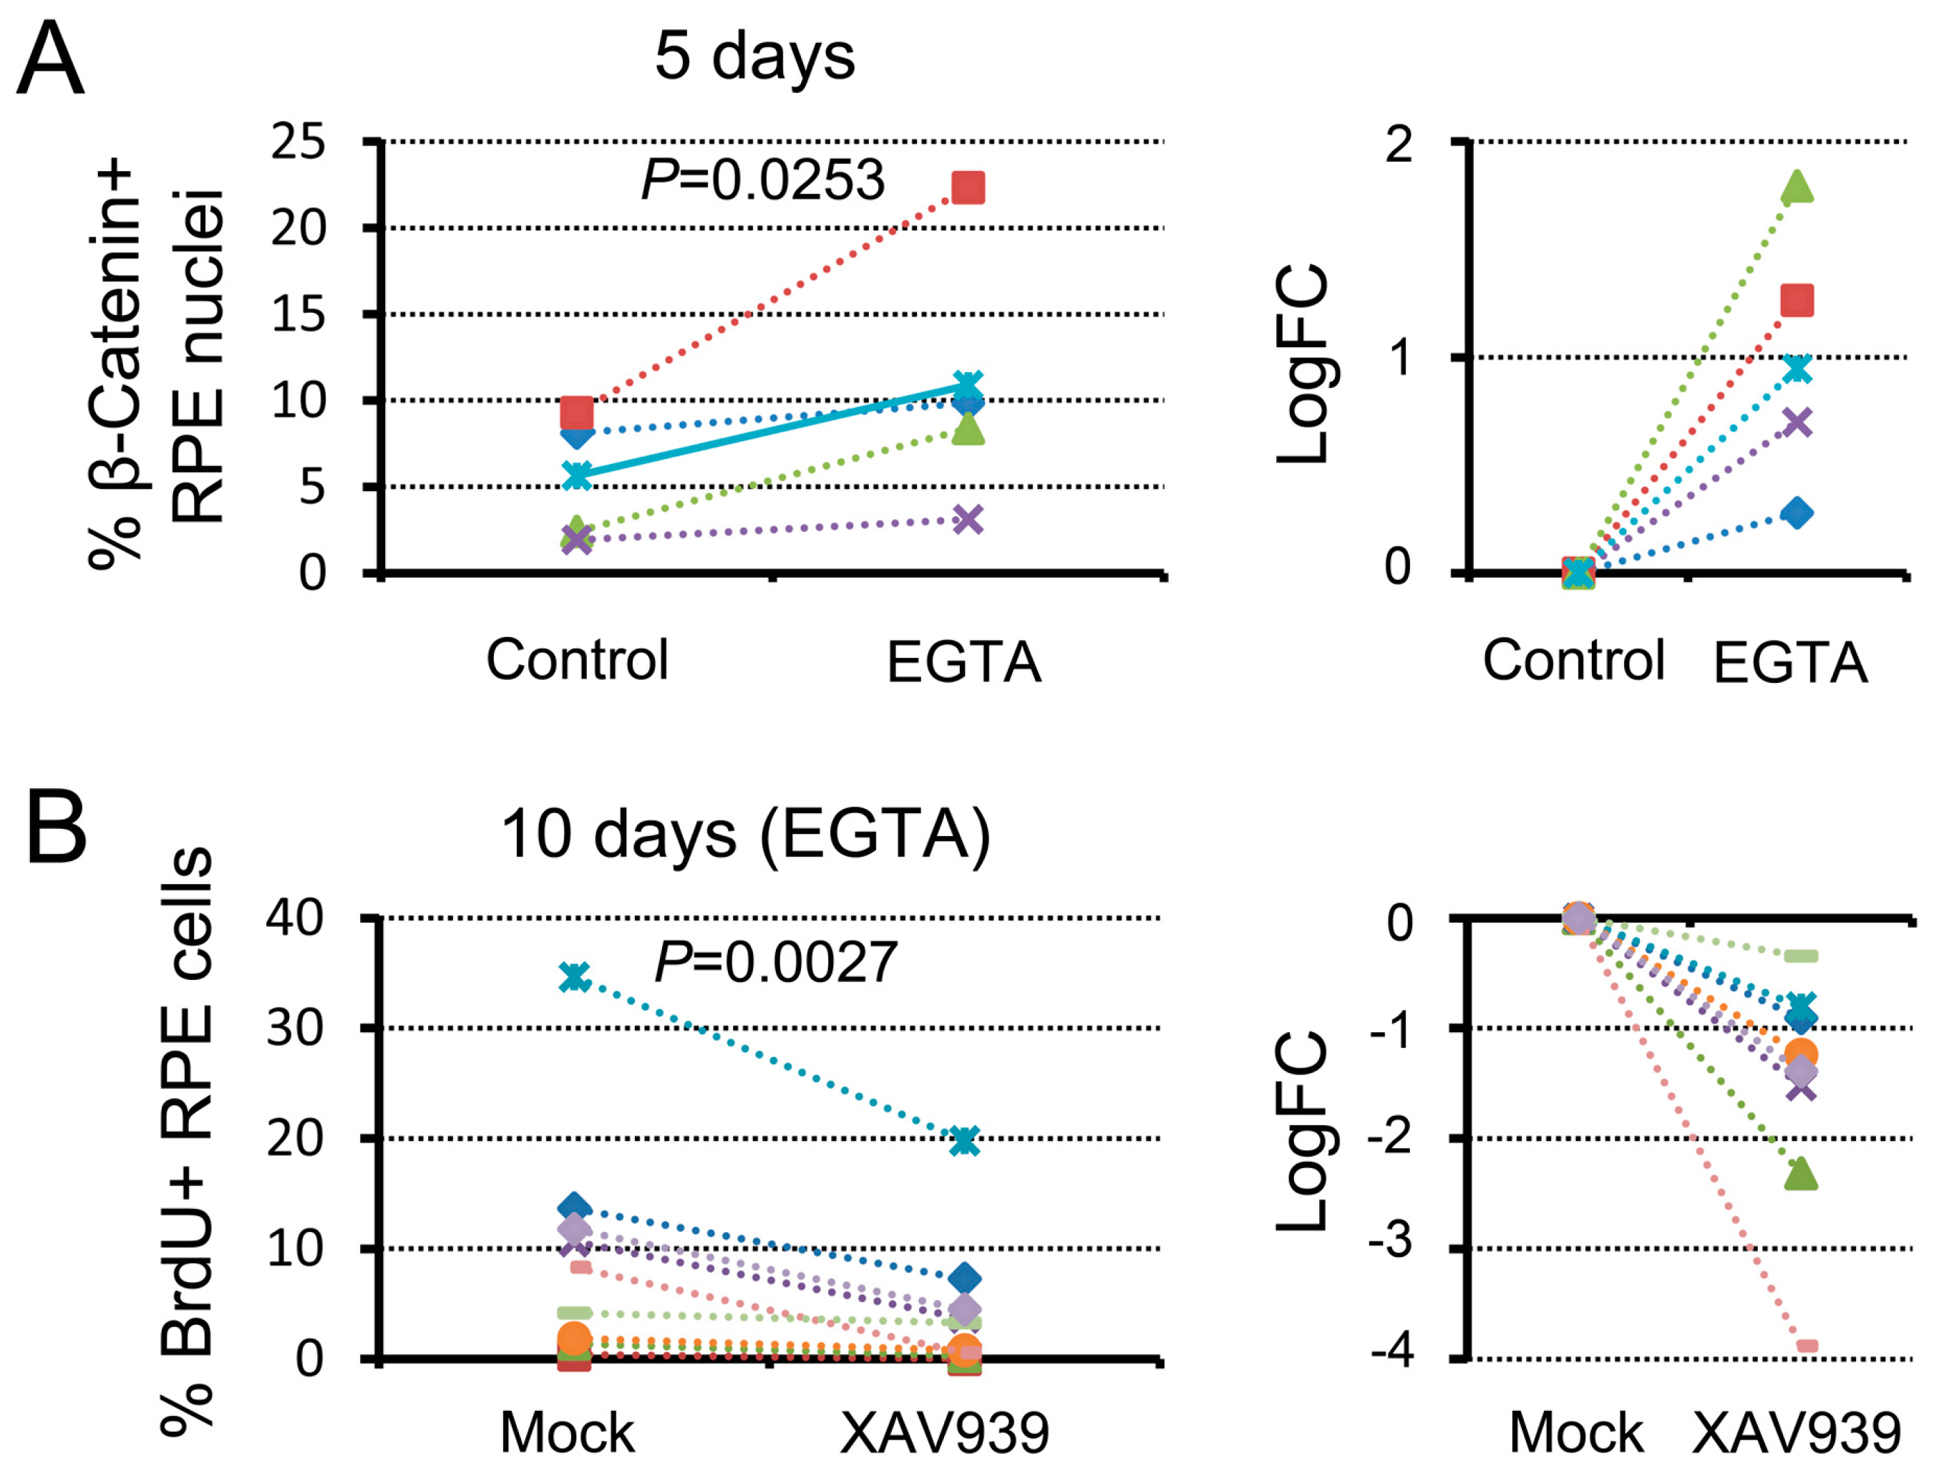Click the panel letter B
pos(57,827)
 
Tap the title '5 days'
pos(754,57)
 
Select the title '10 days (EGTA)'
pos(745,834)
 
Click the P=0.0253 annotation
pos(762,180)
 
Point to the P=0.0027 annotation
pos(776,963)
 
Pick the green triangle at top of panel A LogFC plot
pos(1797,185)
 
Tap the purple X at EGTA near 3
pos(967,519)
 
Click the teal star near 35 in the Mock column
pos(575,977)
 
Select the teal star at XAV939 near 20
pos(965,1141)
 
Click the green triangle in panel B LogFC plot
pos(1800,1173)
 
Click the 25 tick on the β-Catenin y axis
pos(297,142)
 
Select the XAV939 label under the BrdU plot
pos(945,1433)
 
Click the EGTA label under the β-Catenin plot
pos(964,661)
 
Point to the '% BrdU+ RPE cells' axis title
pos(186,1142)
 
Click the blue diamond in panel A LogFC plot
pos(1797,513)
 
